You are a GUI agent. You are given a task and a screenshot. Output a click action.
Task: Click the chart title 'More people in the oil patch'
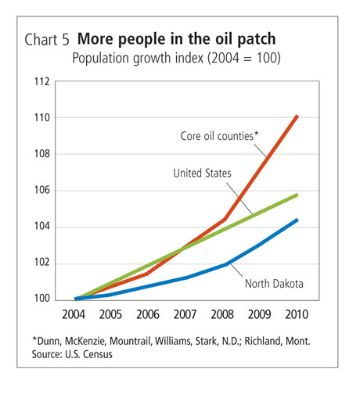pos(177,39)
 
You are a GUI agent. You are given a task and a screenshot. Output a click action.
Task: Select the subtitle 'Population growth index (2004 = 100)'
pos(176,58)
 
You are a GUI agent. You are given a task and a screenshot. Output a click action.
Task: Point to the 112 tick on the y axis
pos(41,82)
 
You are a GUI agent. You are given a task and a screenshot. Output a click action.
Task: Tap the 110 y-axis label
pos(41,118)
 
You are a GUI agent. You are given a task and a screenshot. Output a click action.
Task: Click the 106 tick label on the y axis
pos(41,190)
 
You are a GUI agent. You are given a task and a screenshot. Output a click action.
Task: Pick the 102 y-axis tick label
pos(41,263)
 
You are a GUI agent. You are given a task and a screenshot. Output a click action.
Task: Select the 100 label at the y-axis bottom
pos(41,299)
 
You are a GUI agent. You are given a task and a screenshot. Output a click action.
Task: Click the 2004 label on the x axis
pos(74,314)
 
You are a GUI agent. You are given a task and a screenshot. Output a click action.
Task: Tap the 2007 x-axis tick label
pos(185,314)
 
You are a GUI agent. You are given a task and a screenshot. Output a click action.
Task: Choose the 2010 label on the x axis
pos(297,314)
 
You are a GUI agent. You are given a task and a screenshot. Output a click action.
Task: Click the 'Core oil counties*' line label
pos(219,136)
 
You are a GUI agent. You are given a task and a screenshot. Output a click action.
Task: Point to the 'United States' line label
pos(202,174)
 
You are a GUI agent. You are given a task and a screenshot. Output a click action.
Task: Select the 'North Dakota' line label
pos(274,284)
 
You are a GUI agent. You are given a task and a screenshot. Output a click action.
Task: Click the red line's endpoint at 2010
pos(297,116)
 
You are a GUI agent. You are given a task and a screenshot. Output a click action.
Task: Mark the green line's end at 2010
pos(297,195)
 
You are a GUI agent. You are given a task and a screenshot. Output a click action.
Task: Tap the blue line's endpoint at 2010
pos(297,220)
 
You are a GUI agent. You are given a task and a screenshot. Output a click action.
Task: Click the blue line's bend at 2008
pos(225,265)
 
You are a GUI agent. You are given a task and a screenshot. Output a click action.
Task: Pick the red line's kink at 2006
pos(147,274)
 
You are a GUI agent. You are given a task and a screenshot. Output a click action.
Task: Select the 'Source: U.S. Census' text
pos(72,354)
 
